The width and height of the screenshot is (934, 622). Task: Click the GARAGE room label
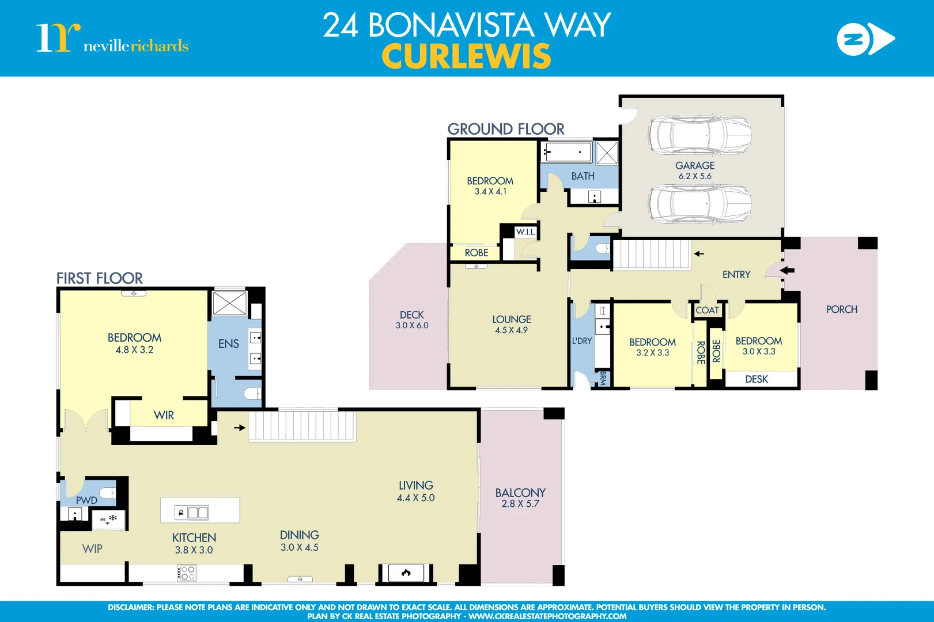694,165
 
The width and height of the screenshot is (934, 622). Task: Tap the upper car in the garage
699,135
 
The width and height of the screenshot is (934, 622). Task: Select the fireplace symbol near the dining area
406,572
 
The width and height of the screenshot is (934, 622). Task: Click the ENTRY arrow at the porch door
787,270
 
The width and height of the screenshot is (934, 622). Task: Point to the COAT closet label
707,310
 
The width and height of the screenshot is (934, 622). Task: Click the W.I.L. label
525,232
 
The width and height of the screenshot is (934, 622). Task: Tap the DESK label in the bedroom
756,379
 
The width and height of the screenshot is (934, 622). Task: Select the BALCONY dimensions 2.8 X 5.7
520,504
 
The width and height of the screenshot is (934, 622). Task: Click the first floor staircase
301,427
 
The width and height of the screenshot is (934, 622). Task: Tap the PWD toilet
108,492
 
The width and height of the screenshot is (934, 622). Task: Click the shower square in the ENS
229,303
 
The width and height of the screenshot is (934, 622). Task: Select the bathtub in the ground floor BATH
567,153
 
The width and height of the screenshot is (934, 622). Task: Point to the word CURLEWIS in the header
466,56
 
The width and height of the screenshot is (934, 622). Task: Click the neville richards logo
112,39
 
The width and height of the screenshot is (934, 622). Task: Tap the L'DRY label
581,341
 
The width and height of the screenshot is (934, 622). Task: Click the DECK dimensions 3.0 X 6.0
411,325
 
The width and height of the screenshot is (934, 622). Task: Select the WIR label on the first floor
164,415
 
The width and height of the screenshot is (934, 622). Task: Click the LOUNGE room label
511,319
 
